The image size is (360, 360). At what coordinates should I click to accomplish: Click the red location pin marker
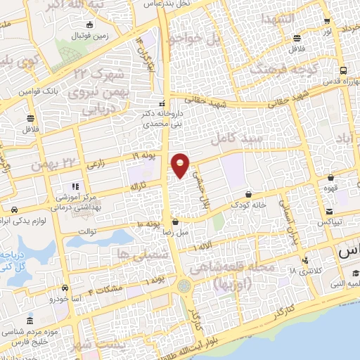coord(181,165)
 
